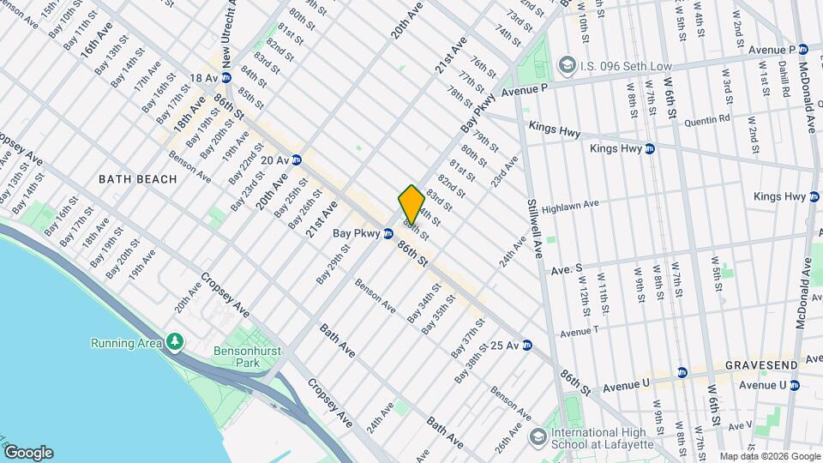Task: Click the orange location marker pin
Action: [411, 205]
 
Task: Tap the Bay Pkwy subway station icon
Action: [388, 232]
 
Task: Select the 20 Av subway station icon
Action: [297, 159]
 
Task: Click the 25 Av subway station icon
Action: [527, 346]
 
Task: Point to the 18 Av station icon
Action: [213, 78]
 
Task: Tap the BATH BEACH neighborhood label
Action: [137, 179]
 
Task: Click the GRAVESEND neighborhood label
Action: [760, 365]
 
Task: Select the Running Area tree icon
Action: [175, 343]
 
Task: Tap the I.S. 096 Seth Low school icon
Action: [567, 64]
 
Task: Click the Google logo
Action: [28, 452]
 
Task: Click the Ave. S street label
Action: [566, 269]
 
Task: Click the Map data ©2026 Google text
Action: [770, 456]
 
